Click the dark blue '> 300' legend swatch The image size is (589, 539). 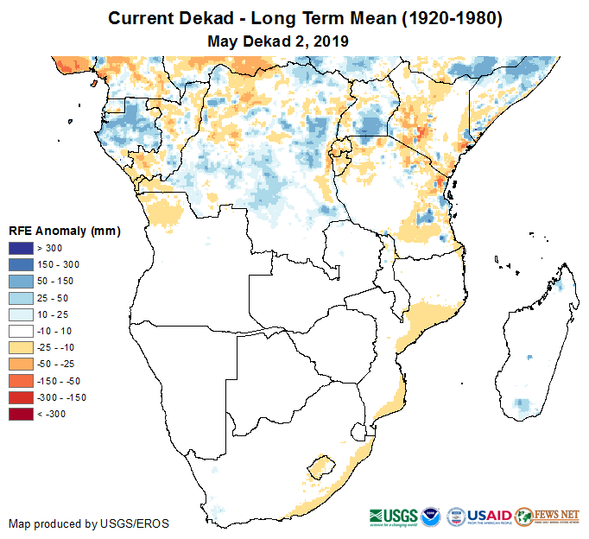tap(22, 249)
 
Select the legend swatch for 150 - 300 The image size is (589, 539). tap(22, 265)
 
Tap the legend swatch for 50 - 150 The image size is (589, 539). tap(22, 282)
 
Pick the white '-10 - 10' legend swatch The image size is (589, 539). tap(22, 331)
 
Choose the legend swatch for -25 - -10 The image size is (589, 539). tap(22, 347)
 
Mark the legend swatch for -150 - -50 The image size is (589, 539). tap(22, 381)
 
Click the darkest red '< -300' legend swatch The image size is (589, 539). tap(22, 414)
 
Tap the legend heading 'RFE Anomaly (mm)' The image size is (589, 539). tap(65, 231)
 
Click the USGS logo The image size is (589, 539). tap(392, 516)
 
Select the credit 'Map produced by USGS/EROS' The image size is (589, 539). tap(89, 524)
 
